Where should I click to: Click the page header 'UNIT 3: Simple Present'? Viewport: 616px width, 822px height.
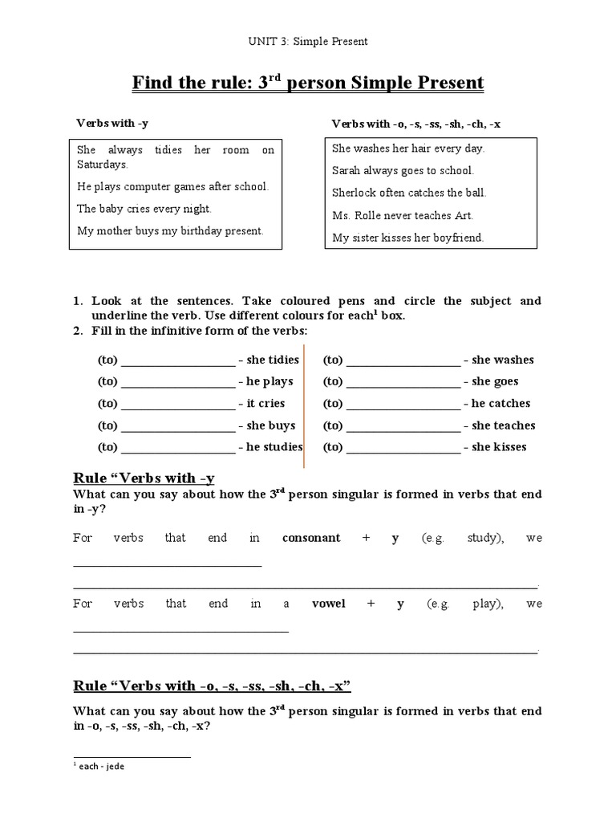309,41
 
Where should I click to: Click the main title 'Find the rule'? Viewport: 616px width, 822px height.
307,83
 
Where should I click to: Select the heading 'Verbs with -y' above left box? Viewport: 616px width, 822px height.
112,123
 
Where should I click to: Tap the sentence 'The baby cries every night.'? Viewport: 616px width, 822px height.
144,209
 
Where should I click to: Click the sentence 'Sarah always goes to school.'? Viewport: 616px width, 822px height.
403,170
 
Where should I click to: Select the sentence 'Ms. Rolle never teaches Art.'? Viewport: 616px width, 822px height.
403,215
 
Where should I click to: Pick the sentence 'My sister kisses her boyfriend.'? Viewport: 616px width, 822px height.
408,238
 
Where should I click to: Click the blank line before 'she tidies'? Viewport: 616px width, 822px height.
177,362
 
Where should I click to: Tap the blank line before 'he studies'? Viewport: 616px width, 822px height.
177,450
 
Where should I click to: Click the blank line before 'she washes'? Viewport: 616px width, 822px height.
403,362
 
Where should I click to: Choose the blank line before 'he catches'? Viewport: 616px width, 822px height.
403,406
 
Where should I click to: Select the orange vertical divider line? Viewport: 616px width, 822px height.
305,409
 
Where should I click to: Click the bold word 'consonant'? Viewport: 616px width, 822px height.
311,539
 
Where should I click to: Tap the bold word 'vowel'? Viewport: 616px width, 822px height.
328,604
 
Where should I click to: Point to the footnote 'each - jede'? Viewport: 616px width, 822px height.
99,767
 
